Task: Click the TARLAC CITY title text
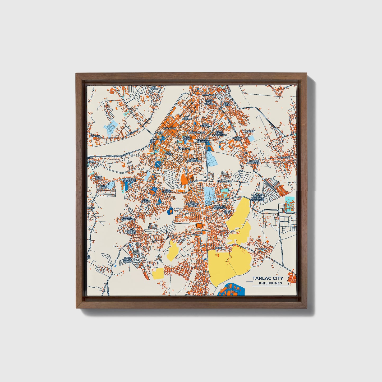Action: click(268, 278)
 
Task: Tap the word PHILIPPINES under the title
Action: click(270, 283)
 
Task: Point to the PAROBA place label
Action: click(96, 136)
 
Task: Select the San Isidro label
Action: click(154, 88)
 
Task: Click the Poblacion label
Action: click(169, 128)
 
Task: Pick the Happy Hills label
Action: click(98, 178)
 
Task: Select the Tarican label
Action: click(249, 131)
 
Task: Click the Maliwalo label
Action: click(284, 157)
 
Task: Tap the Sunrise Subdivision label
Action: click(254, 162)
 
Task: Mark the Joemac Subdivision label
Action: click(127, 218)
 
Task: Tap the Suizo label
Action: click(218, 248)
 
